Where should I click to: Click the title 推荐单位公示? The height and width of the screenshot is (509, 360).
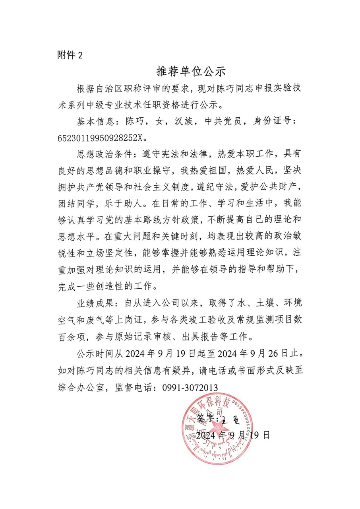point(191,72)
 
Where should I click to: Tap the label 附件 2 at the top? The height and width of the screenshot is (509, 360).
point(70,55)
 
